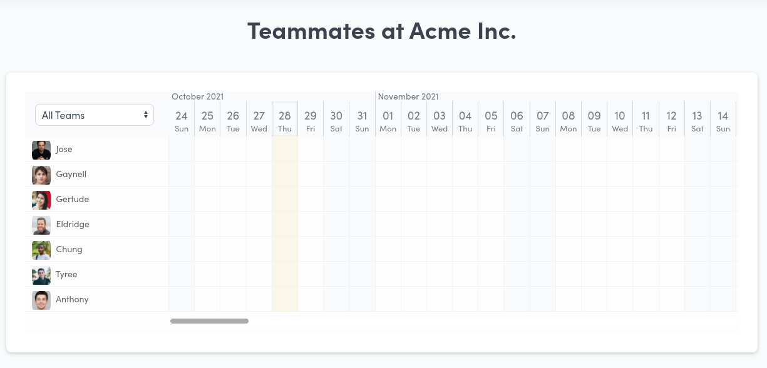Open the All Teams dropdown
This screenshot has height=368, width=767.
(x=95, y=115)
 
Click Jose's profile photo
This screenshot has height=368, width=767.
(x=41, y=150)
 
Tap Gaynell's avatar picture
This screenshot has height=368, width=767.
(x=41, y=175)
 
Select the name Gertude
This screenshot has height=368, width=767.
(x=72, y=199)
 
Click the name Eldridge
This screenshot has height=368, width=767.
(x=73, y=224)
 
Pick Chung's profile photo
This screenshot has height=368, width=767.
(x=41, y=250)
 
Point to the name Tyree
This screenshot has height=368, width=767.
(x=66, y=274)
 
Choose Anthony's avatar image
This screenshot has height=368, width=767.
(x=41, y=300)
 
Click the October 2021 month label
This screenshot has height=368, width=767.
(x=198, y=96)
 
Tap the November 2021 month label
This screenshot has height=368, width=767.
(x=408, y=96)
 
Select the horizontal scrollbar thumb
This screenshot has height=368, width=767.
(x=209, y=321)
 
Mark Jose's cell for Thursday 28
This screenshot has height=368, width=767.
(x=285, y=149)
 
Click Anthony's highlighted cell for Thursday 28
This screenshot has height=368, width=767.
(x=285, y=299)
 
